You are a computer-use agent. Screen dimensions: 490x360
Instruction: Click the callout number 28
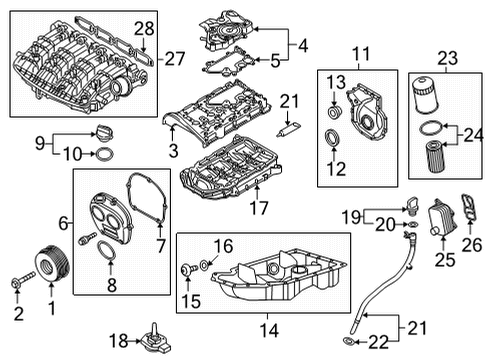coord(144,29)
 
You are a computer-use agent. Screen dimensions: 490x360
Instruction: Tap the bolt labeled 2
coord(23,280)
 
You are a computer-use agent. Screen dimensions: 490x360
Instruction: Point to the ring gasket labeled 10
coord(104,154)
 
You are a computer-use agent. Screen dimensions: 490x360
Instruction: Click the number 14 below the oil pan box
coord(269,330)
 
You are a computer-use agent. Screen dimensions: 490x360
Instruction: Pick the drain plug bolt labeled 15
coord(188,269)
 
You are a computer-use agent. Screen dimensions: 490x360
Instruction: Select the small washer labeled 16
coord(204,265)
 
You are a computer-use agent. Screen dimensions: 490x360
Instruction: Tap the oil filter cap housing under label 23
coord(427,95)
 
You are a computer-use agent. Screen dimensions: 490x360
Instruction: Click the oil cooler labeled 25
coord(443,218)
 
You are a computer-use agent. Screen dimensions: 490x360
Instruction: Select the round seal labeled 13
coord(335,112)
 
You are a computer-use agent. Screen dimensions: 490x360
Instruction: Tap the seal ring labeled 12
coord(333,138)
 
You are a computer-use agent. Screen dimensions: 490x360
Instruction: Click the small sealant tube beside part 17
coord(288,130)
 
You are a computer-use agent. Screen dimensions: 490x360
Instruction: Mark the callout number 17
coord(259,208)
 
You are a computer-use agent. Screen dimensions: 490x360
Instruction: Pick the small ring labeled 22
coord(346,341)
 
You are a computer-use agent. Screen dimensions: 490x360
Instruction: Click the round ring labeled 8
coord(106,251)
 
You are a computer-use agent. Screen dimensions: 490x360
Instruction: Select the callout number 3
coord(173,151)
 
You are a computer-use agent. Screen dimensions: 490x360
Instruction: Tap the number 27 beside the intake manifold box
coord(175,59)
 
